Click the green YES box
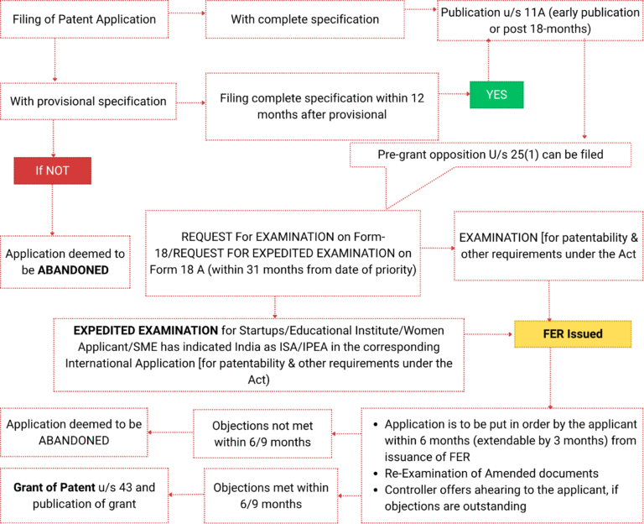[496, 95]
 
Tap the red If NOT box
[52, 170]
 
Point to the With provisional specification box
[89, 102]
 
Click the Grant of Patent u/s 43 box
[84, 495]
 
